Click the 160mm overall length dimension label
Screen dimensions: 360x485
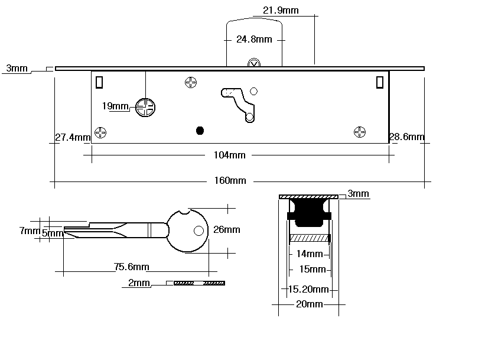[x=230, y=181]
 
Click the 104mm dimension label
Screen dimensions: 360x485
[x=229, y=155]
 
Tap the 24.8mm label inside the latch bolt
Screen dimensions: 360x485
[x=254, y=40]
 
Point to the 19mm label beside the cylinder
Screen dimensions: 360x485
[x=115, y=106]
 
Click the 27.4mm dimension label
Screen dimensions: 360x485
[x=72, y=138]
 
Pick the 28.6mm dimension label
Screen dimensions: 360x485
[x=406, y=137]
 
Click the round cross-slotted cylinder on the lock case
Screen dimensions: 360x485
[x=145, y=107]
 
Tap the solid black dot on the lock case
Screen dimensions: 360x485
[x=199, y=129]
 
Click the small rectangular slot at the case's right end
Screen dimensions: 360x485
[x=379, y=83]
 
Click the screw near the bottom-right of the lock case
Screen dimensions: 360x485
[x=359, y=132]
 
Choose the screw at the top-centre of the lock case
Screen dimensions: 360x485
[x=191, y=83]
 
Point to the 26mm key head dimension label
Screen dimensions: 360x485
[x=227, y=230]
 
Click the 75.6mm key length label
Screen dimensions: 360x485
[x=132, y=267]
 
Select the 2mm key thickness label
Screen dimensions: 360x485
[x=139, y=284]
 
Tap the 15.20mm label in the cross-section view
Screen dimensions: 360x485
[x=308, y=289]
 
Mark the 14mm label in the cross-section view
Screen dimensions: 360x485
[x=310, y=254]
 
